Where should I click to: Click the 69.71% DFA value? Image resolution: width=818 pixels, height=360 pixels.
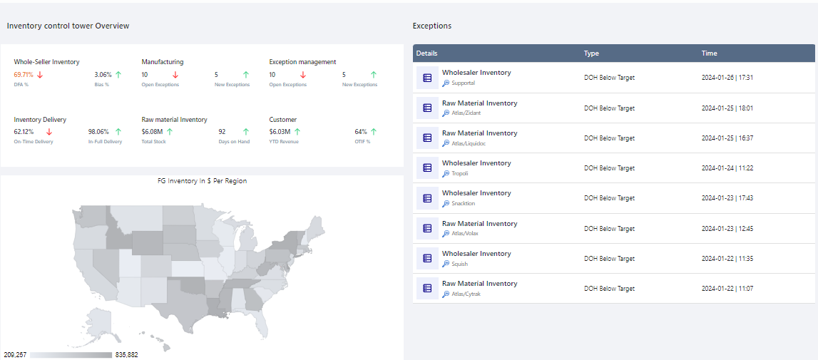[24, 74]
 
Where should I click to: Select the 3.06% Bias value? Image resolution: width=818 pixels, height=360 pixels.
[103, 74]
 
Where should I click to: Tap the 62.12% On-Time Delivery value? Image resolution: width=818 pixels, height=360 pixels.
[24, 132]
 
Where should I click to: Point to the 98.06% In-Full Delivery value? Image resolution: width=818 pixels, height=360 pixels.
[98, 132]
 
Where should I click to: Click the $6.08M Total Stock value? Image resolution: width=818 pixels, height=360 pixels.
[152, 132]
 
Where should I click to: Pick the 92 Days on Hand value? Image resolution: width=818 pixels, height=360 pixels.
[222, 132]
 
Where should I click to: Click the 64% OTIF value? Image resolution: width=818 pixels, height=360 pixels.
[361, 132]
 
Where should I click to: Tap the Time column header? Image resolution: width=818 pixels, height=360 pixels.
[709, 53]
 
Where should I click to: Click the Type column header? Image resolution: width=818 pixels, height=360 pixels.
[591, 53]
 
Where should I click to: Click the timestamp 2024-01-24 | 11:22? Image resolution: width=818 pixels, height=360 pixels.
[727, 168]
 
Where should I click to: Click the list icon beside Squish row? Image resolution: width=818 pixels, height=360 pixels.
[427, 259]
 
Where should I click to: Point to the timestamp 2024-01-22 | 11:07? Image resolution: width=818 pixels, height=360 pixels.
[727, 289]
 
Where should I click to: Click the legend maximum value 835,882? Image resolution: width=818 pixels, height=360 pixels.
[127, 354]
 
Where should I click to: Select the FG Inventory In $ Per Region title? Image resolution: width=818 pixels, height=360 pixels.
[202, 181]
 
